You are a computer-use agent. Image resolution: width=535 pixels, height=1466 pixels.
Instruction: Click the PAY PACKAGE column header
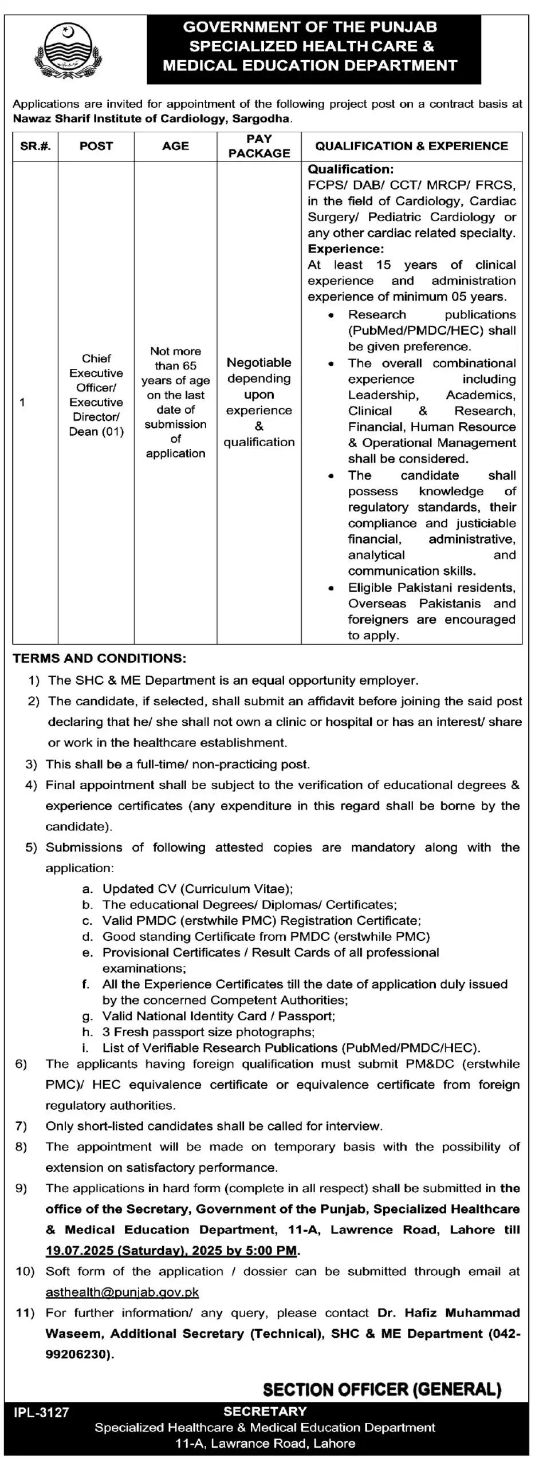(259, 146)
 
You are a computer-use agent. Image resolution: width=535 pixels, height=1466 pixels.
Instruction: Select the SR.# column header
(36, 146)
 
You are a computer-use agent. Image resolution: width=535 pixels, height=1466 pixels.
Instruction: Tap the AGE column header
(175, 146)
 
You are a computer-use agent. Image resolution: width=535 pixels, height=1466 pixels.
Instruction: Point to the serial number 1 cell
(22, 402)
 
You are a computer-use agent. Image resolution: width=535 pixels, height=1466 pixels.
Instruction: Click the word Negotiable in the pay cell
(259, 362)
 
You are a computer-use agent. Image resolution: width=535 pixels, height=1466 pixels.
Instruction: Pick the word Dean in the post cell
(83, 432)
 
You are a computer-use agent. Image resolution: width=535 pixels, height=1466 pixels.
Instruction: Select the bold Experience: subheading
(345, 249)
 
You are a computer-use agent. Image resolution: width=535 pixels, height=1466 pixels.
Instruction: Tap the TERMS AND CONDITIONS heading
(99, 659)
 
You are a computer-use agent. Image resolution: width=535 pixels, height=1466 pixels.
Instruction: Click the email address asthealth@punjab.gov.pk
(122, 1292)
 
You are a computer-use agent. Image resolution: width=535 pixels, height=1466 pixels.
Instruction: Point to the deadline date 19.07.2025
(80, 1251)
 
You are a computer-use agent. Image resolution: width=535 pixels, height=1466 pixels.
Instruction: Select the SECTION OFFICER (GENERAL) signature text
(382, 1389)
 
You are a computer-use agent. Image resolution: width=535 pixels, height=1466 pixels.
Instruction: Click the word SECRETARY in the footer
(265, 1412)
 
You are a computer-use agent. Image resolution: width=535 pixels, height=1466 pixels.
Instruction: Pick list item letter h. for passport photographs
(88, 1032)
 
